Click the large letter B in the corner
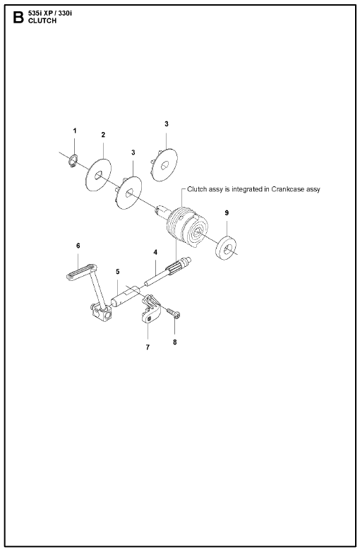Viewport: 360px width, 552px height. [x=18, y=17]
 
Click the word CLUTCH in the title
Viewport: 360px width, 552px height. [x=42, y=20]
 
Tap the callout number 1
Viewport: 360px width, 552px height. [x=75, y=131]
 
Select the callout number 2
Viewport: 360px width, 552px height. [x=103, y=135]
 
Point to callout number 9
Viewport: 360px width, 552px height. [x=227, y=212]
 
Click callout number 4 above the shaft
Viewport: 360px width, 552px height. [x=155, y=252]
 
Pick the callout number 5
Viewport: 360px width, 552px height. [x=118, y=272]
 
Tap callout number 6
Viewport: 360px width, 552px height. [x=78, y=246]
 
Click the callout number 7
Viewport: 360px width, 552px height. [x=148, y=347]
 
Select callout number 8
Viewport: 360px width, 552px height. [x=175, y=342]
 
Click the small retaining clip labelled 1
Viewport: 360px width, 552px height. [x=73, y=161]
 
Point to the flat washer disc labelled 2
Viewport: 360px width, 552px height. [x=98, y=175]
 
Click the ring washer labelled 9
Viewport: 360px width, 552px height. [x=226, y=248]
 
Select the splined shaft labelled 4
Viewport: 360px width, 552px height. [x=168, y=272]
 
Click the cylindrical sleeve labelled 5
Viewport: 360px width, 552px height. [x=124, y=297]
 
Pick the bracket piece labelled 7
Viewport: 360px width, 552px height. [x=151, y=309]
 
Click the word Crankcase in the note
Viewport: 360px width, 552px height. [x=287, y=189]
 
